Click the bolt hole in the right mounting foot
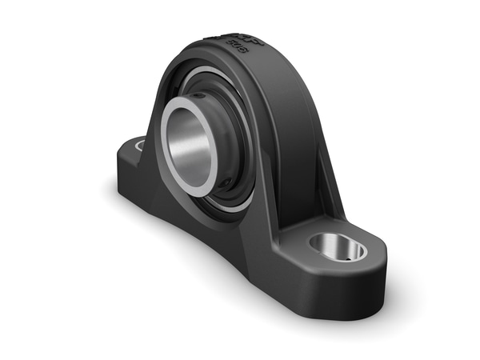(x=337, y=247)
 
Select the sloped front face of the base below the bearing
(x=216, y=240)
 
